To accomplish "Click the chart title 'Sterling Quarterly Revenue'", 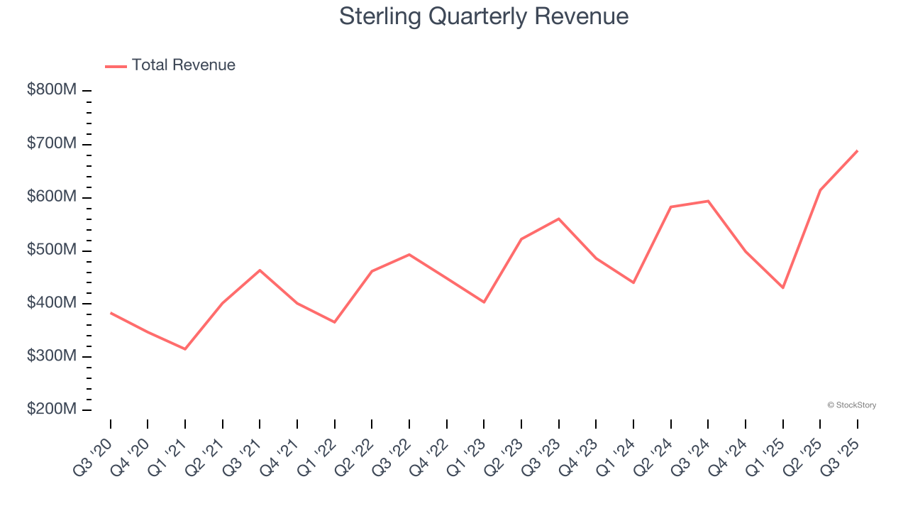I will (x=484, y=16).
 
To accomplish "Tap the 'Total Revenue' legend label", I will (x=183, y=65).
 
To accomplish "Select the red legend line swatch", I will (x=116, y=66).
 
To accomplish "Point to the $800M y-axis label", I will (x=52, y=90).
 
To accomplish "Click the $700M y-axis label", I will (x=52, y=143).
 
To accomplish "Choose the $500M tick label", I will (x=52, y=250).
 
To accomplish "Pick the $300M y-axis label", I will (x=52, y=356).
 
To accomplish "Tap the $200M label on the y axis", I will (x=52, y=410).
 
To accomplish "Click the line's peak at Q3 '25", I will (x=857, y=150).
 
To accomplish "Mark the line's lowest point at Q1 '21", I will (x=185, y=349).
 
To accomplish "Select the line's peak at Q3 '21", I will (x=260, y=270).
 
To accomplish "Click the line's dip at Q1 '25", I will (x=782, y=287).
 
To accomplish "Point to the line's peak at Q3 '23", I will (x=558, y=219).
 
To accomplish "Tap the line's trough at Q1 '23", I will (x=484, y=302).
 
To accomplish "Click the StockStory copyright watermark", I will (x=851, y=405).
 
